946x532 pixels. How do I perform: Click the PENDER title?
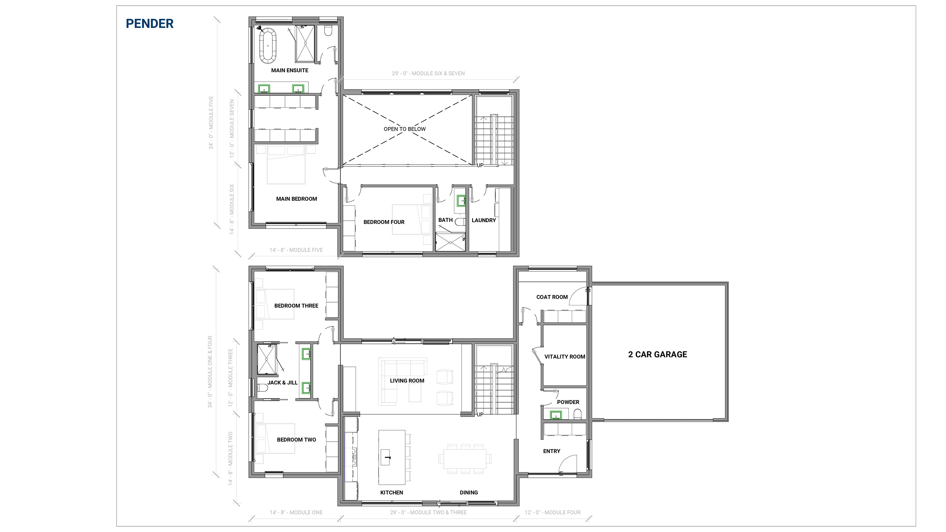(x=149, y=24)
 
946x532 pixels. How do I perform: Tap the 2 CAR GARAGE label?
(x=657, y=354)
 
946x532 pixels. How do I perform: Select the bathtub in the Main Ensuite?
(x=268, y=45)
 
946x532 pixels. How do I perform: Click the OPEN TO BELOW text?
(x=404, y=129)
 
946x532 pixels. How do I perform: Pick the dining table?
(x=464, y=459)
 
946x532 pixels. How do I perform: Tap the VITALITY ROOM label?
(x=564, y=356)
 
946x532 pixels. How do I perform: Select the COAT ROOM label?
(x=552, y=297)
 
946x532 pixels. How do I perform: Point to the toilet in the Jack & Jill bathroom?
(x=263, y=388)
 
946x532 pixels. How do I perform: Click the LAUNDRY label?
(x=484, y=220)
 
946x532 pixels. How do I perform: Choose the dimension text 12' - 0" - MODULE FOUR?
(x=552, y=512)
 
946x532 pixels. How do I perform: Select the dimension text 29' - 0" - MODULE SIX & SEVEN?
(x=428, y=73)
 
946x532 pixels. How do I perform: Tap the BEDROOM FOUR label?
(x=384, y=222)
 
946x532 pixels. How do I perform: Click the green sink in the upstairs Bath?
(x=461, y=201)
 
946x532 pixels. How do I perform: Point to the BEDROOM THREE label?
(x=296, y=306)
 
